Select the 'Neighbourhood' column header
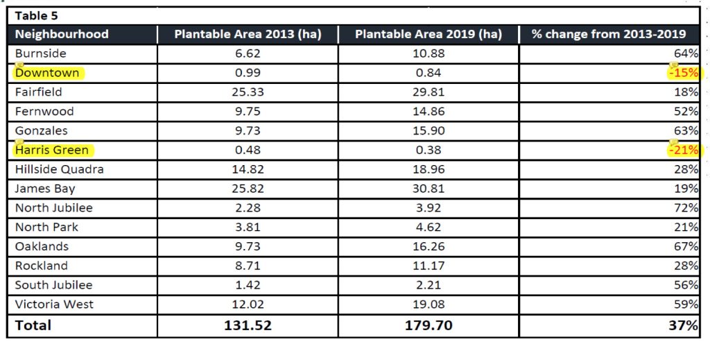pyautogui.click(x=62, y=34)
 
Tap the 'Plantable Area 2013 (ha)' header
pyautogui.click(x=248, y=34)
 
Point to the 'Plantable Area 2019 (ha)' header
pyautogui.click(x=428, y=34)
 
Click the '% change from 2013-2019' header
pyautogui.click(x=609, y=34)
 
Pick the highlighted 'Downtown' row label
pyautogui.click(x=47, y=73)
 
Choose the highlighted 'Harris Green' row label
pyautogui.click(x=54, y=150)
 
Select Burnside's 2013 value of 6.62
pyautogui.click(x=248, y=53)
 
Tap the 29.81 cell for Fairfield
pyautogui.click(x=428, y=92)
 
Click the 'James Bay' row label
pyautogui.click(x=45, y=189)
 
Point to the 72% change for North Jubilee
pyautogui.click(x=686, y=208)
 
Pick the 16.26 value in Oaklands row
pyautogui.click(x=428, y=247)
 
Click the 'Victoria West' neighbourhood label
pyautogui.click(x=53, y=305)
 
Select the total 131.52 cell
pyautogui.click(x=248, y=325)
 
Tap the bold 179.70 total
pyautogui.click(x=428, y=325)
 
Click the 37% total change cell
pyautogui.click(x=684, y=325)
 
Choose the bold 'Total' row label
pyautogui.click(x=33, y=325)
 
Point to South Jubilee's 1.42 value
pyautogui.click(x=248, y=285)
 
